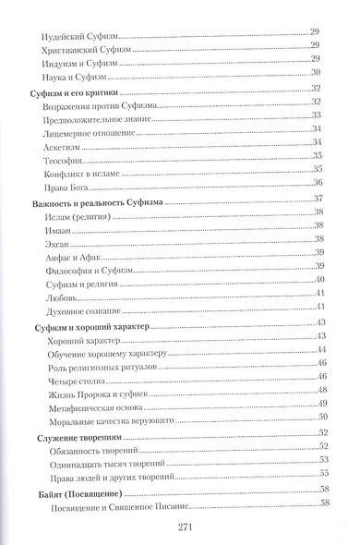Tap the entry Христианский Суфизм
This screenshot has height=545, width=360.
[x=90, y=50]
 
